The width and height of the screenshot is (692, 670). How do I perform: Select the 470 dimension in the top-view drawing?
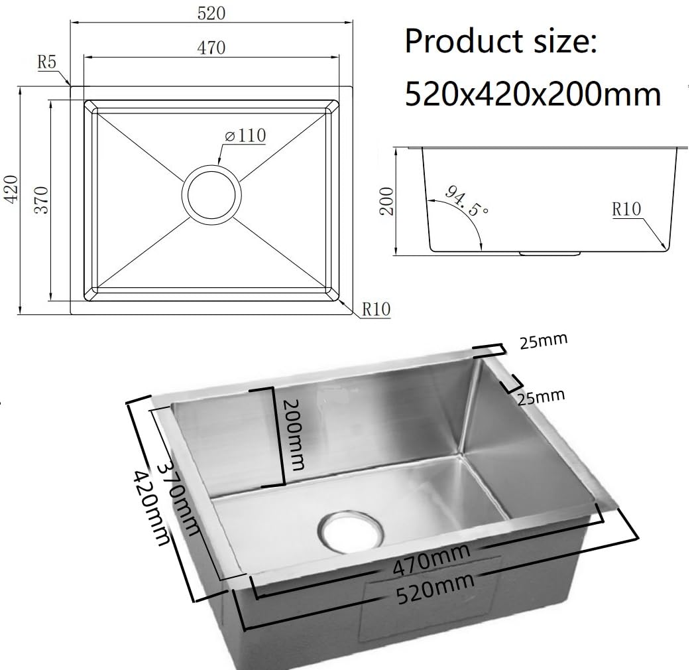pyautogui.click(x=211, y=47)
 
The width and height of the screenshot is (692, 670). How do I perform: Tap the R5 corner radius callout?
pyautogui.click(x=47, y=62)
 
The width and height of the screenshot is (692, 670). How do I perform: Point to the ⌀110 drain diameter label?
pyautogui.click(x=245, y=135)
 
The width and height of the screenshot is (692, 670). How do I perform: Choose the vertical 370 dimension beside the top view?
pyautogui.click(x=41, y=200)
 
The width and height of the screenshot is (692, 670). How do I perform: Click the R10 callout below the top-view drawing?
pyautogui.click(x=376, y=308)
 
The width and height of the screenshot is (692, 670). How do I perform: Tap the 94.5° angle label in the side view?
pyautogui.click(x=466, y=200)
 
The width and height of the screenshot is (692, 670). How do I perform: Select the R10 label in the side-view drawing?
pyautogui.click(x=626, y=208)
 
